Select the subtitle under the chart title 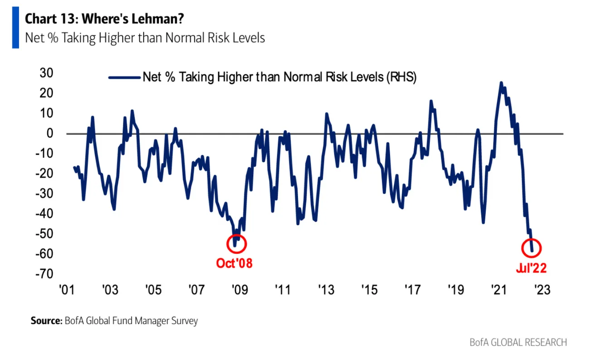pyautogui.click(x=145, y=38)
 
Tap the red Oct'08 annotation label pyautogui.click(x=234, y=263)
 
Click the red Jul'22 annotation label pyautogui.click(x=531, y=268)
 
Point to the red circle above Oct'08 pyautogui.click(x=236, y=244)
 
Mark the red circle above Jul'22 pyautogui.click(x=532, y=248)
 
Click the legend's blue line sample pyautogui.click(x=124, y=78)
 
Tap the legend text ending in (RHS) pyautogui.click(x=279, y=77)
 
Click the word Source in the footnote pyautogui.click(x=45, y=321)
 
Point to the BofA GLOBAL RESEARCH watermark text pyautogui.click(x=518, y=342)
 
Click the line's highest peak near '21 pyautogui.click(x=501, y=83)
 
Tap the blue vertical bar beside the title pyautogui.click(x=15, y=29)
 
